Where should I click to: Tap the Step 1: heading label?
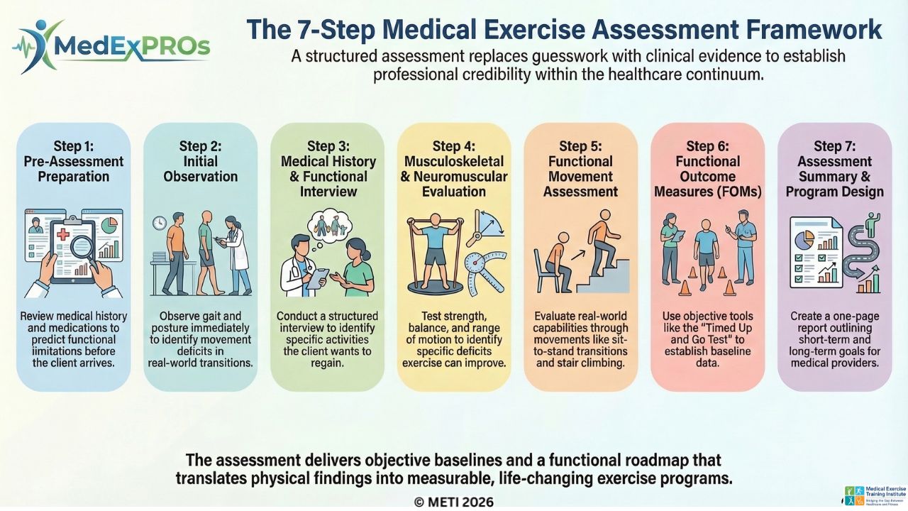73,147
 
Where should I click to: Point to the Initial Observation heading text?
200,169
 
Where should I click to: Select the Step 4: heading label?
453,146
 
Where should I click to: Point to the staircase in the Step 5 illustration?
609,273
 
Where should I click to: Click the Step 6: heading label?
707,146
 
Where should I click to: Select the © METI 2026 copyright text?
453,502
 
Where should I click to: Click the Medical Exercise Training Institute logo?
875,495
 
